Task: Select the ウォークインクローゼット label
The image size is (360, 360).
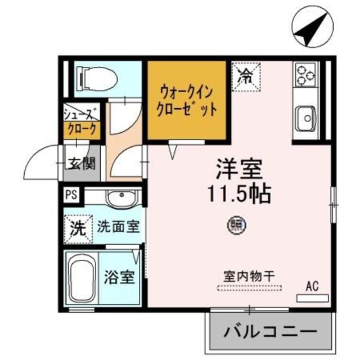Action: coord(188,99)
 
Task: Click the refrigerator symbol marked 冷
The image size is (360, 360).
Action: coord(245,76)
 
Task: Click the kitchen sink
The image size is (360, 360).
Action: coord(307,117)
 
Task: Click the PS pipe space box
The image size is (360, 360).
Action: coord(71,195)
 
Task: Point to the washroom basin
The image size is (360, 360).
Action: coord(120,199)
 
